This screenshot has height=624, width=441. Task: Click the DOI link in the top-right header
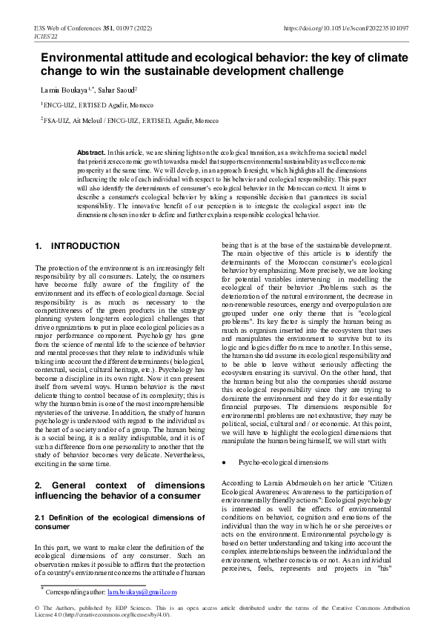pos(346,28)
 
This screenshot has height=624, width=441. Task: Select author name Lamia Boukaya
pos(62,89)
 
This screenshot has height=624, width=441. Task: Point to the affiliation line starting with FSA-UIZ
pos(130,119)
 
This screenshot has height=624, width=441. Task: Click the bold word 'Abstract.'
pos(91,152)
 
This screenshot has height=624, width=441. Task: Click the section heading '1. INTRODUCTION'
pos(77,246)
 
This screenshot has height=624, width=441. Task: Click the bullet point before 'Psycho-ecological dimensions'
pos(225,462)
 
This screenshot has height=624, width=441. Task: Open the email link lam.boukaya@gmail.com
pos(142,591)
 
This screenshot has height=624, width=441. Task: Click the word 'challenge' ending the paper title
pos(312,71)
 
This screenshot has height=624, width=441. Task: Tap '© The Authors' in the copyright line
pos(55,608)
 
